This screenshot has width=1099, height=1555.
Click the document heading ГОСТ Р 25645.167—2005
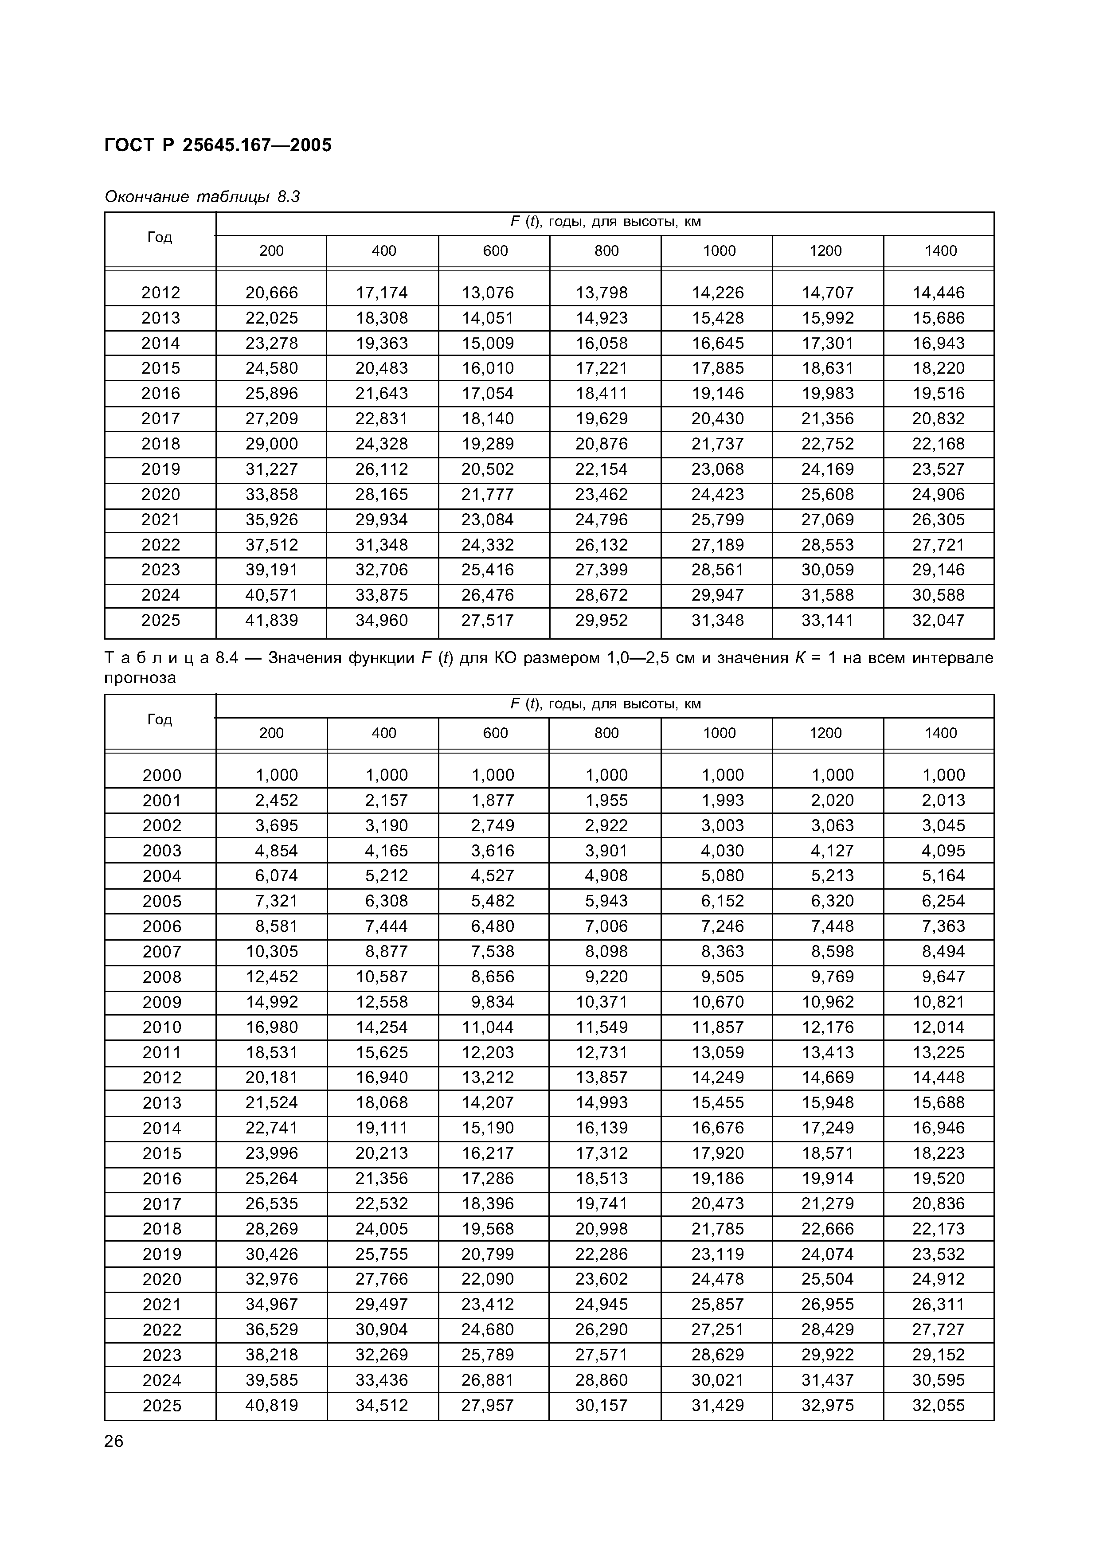point(218,145)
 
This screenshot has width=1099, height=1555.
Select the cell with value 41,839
point(271,621)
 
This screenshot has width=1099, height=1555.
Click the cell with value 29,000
point(271,444)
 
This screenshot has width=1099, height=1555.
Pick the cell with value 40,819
point(271,1405)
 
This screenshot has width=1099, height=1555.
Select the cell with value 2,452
point(276,801)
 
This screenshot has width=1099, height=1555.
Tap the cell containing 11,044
point(488,1028)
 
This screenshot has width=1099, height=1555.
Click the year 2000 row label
point(162,775)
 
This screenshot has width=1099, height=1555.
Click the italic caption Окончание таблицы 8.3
point(202,197)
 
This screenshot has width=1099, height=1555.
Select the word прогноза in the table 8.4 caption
point(140,678)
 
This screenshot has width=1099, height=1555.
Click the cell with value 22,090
point(488,1279)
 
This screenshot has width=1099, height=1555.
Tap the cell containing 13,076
point(488,293)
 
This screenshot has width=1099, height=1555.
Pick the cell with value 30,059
point(828,570)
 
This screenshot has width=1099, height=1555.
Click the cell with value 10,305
point(271,952)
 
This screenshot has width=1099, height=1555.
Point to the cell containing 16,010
point(488,368)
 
